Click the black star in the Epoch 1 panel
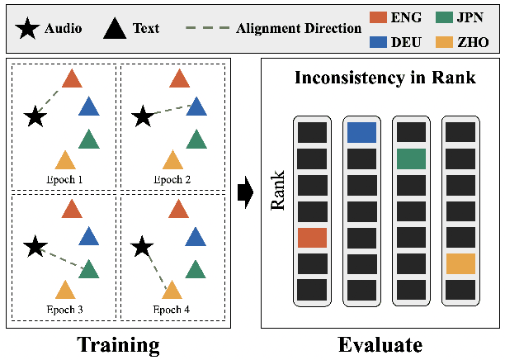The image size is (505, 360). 35,116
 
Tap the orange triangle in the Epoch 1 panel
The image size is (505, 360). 73,79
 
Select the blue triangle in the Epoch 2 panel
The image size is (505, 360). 196,107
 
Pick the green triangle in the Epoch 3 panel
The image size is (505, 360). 88,269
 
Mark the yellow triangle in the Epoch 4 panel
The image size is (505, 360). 172,289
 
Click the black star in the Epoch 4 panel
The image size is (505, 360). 143,245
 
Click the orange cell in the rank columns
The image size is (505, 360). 313,238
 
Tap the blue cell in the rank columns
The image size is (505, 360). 361,132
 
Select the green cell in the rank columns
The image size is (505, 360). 411,159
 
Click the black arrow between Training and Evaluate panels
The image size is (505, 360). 244,193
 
